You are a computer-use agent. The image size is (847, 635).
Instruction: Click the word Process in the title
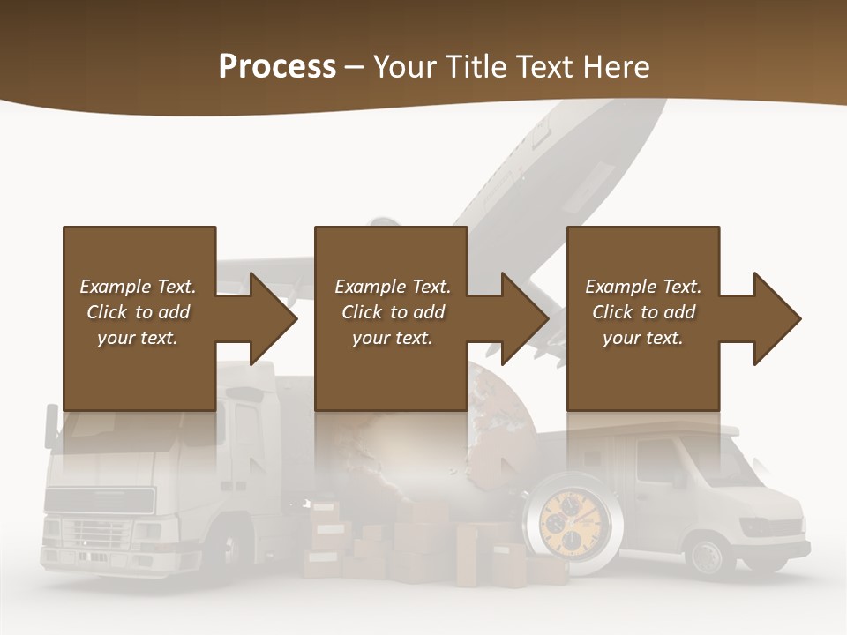(277, 67)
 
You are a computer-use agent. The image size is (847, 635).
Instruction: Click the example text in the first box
(138, 312)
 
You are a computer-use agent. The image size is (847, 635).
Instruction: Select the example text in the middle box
(393, 312)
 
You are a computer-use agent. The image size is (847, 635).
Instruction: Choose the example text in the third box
(643, 312)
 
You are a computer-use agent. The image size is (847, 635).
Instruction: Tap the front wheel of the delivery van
(708, 555)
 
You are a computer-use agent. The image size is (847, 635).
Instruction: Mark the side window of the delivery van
(656, 463)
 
